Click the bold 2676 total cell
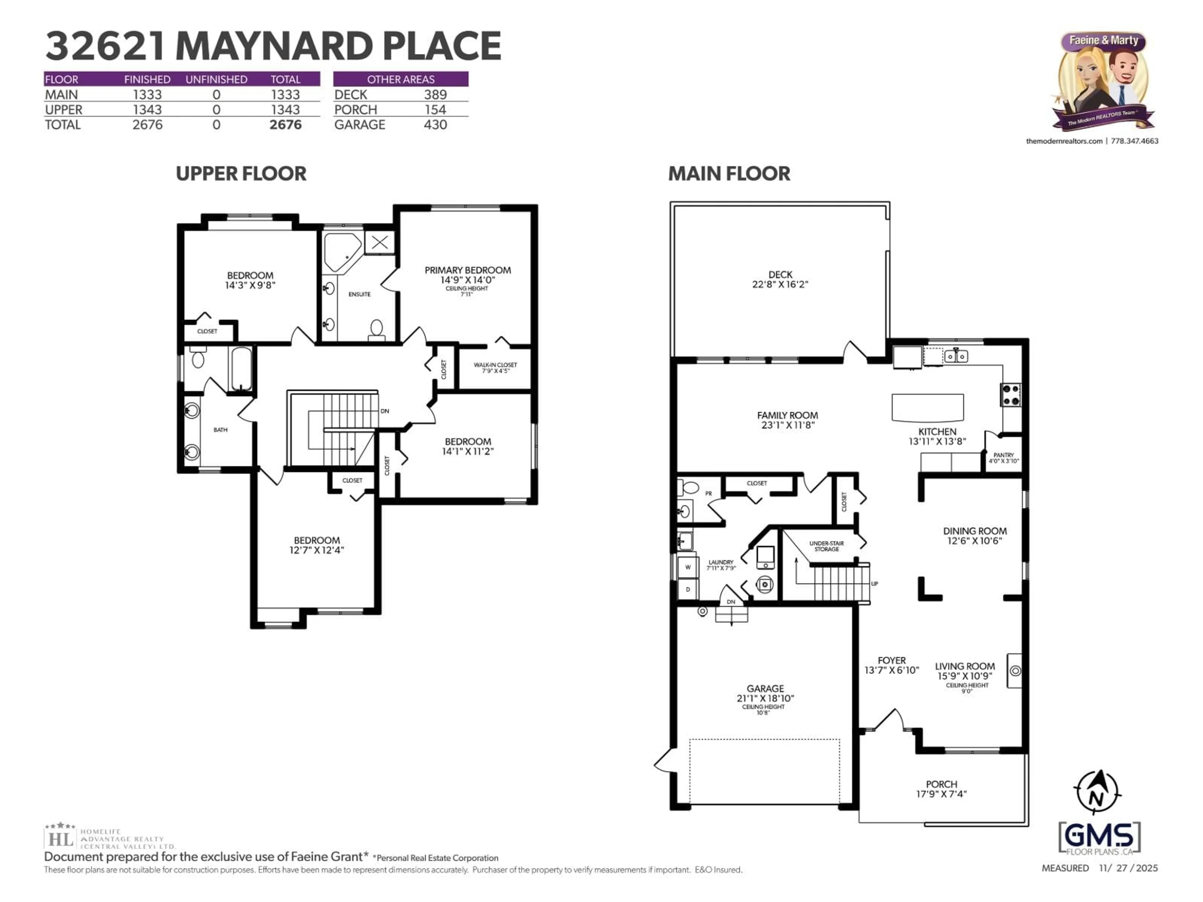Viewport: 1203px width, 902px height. point(285,125)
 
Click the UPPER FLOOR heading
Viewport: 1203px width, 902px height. point(241,174)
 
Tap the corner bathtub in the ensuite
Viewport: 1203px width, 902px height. point(341,251)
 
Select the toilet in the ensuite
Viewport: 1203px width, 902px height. point(376,329)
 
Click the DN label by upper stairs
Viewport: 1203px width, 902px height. point(384,411)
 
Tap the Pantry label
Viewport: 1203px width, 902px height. point(1003,455)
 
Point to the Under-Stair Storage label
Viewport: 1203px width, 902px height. point(826,546)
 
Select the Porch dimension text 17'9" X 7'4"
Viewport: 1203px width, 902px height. point(941,794)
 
